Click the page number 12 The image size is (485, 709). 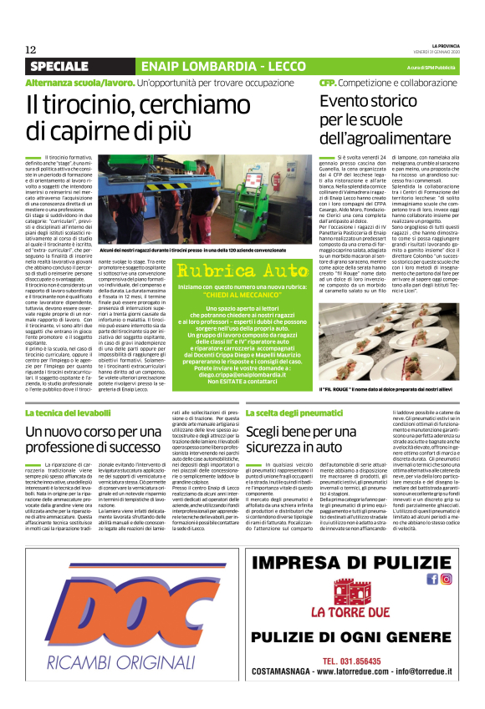(30, 49)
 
